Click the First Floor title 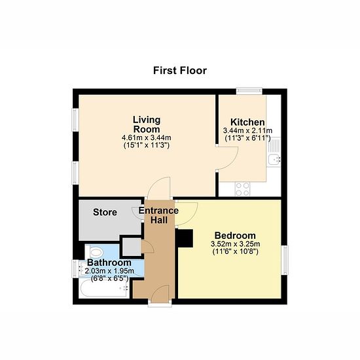(180, 71)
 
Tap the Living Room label (147, 124)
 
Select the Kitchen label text (247, 122)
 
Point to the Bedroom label (235, 236)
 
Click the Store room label (105, 212)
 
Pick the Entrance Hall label (158, 215)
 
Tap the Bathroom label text (109, 262)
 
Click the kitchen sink (274, 152)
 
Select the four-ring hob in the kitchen (243, 189)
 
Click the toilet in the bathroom (94, 252)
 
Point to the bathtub (104, 289)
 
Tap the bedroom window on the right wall (284, 260)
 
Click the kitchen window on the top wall (249, 91)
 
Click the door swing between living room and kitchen (228, 158)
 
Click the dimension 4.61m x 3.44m (147, 137)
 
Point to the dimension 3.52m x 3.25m (236, 243)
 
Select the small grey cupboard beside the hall (132, 247)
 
